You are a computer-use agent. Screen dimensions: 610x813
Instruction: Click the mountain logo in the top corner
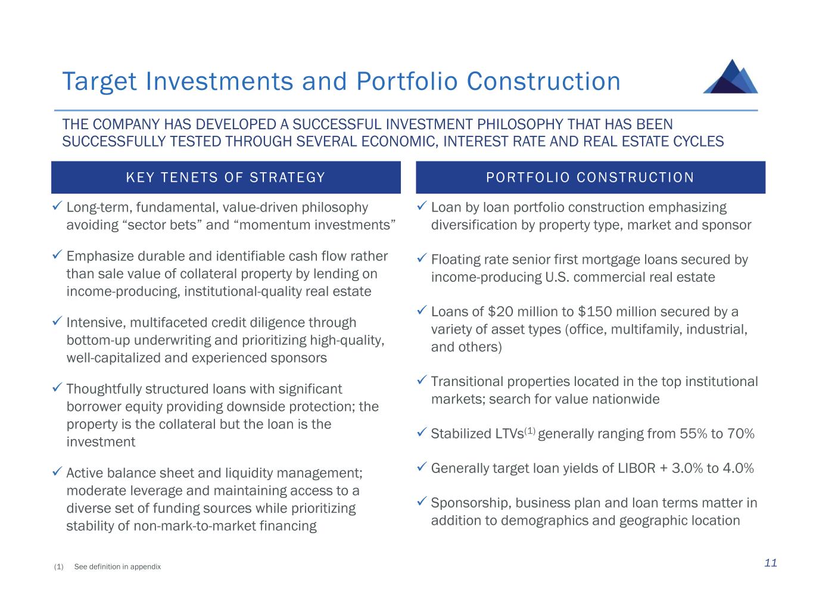pyautogui.click(x=730, y=77)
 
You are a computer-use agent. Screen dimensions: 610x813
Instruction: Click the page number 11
pyautogui.click(x=771, y=563)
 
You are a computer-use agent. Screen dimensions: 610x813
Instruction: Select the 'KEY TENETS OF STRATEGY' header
pyautogui.click(x=226, y=178)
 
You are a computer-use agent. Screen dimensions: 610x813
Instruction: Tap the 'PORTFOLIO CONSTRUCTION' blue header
pyautogui.click(x=590, y=178)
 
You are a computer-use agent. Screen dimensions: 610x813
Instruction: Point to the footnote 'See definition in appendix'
pyautogui.click(x=117, y=567)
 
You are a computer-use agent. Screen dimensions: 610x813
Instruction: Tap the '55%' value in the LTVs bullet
pyautogui.click(x=693, y=434)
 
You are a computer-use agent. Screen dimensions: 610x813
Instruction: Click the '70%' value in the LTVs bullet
pyautogui.click(x=740, y=434)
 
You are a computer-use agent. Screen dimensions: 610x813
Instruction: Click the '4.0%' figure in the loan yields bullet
pyautogui.click(x=739, y=468)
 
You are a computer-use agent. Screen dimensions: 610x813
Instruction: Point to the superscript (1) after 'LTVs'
pyautogui.click(x=530, y=431)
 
